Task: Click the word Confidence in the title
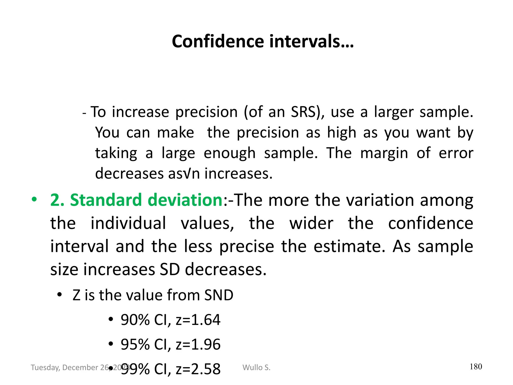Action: point(217,41)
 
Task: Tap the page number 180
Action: point(476,366)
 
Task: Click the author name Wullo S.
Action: point(256,367)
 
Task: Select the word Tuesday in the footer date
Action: point(45,367)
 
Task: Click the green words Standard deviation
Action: point(146,200)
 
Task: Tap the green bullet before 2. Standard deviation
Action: point(34,200)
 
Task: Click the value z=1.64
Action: point(198,320)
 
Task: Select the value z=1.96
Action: point(198,344)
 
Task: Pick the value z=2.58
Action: point(198,369)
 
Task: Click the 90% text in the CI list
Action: point(135,320)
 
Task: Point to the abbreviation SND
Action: point(219,295)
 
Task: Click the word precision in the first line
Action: point(206,112)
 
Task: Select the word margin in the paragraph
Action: point(384,153)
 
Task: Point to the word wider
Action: point(311,223)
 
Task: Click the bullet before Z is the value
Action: point(59,295)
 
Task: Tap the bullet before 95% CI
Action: point(111,344)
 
